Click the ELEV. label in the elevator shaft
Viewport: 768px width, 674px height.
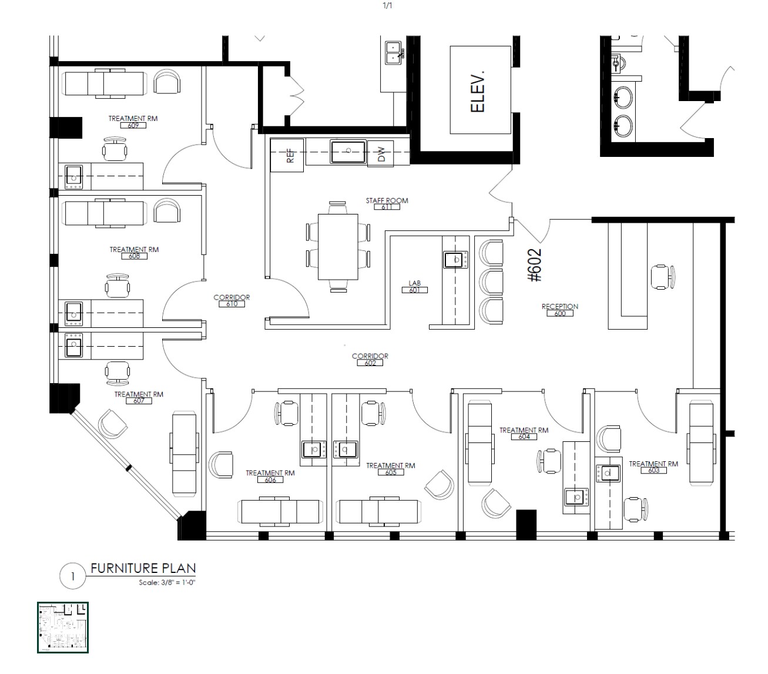coord(478,91)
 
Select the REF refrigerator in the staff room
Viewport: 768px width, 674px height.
coord(287,155)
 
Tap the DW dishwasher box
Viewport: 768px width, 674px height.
coord(380,154)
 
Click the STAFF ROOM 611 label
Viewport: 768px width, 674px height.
coord(387,203)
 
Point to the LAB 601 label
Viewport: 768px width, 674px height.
coord(415,286)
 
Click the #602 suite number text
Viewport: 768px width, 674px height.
coord(535,266)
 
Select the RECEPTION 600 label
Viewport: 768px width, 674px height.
coord(559,310)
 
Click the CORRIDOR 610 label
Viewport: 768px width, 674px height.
coord(232,300)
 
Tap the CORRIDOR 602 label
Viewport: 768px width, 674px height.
coord(370,359)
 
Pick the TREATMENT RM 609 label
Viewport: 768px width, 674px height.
coord(133,122)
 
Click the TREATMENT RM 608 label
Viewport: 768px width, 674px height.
coord(134,253)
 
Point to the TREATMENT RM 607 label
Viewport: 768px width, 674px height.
coord(139,397)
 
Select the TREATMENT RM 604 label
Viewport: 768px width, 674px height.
coord(524,433)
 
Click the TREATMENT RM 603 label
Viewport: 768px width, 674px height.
coord(653,467)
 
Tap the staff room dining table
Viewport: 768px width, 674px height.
coord(338,247)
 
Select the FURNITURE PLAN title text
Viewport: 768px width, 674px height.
coord(143,568)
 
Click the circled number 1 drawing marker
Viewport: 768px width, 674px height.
coord(73,576)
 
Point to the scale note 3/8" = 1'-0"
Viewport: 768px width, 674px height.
coord(166,583)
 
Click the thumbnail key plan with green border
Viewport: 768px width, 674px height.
coord(63,627)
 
